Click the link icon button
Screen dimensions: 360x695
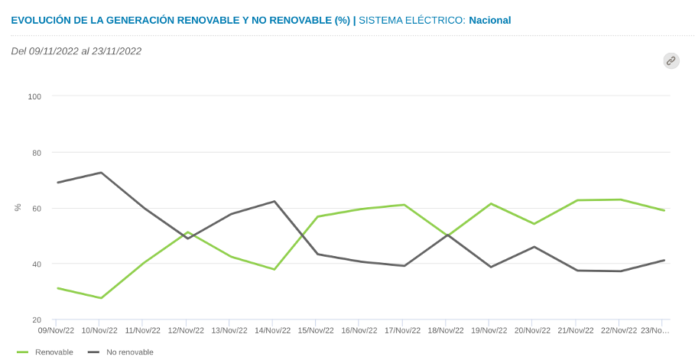coord(671,61)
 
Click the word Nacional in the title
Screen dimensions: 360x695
coord(490,20)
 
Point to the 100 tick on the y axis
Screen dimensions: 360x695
coord(34,96)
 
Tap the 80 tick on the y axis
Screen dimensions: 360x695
coord(36,152)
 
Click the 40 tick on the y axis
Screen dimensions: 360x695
coord(36,264)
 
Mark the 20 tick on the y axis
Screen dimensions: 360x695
coord(36,320)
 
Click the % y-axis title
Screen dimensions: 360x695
coord(18,207)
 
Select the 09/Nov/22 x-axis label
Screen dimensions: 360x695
coord(57,331)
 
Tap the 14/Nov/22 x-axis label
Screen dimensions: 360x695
coord(272,331)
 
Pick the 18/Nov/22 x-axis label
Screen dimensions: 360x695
coord(445,331)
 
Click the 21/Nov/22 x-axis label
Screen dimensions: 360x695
coord(575,331)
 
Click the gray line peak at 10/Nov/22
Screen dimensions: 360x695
coord(101,173)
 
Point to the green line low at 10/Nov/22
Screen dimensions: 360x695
coord(101,298)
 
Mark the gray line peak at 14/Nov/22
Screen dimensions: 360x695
coord(274,201)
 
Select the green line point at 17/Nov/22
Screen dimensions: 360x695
coord(404,205)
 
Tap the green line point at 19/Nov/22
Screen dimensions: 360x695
coord(490,204)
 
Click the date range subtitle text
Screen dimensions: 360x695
coord(76,51)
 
